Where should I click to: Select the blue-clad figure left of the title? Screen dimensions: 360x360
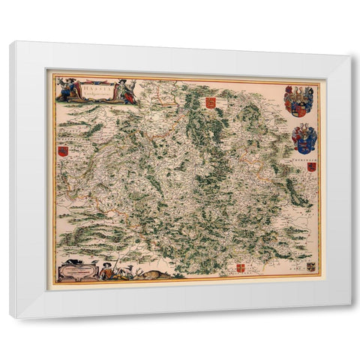[69, 89]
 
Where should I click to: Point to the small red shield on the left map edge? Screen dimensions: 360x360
[62, 151]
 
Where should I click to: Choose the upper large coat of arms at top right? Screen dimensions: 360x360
[298, 102]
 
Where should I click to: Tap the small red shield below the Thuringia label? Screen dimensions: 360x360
[311, 166]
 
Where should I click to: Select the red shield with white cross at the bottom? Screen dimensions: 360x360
[241, 268]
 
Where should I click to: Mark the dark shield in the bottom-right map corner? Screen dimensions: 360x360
[310, 266]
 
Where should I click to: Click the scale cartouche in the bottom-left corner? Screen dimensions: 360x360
[79, 271]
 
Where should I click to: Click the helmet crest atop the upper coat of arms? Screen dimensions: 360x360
[299, 91]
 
